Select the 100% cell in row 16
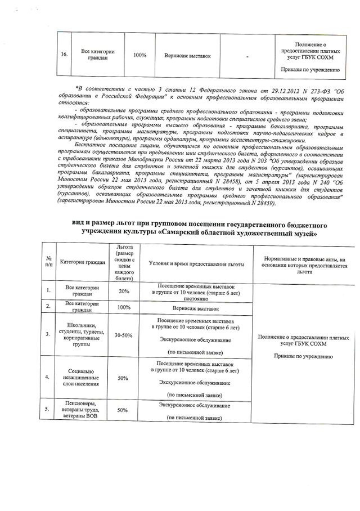pos(140,55)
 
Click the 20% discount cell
pos(124,291)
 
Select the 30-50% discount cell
pos(124,335)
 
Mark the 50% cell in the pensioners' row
pos(124,410)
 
